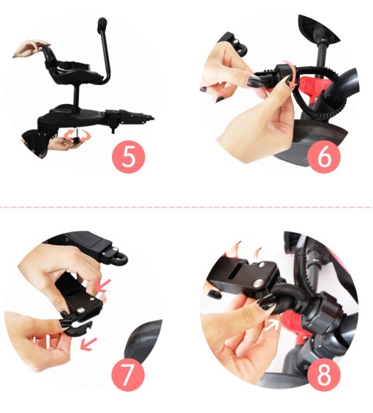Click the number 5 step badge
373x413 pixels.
[x=129, y=157]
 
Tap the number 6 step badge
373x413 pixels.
[x=324, y=157]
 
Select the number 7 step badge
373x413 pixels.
[x=128, y=374]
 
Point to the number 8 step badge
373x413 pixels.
[x=324, y=374]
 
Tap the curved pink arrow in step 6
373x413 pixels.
[x=291, y=74]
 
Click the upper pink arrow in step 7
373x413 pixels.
[x=103, y=286]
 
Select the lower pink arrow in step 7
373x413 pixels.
[x=88, y=343]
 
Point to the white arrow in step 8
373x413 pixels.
[x=272, y=326]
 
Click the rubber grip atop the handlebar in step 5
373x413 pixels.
[x=102, y=23]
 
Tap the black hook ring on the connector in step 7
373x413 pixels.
[x=119, y=259]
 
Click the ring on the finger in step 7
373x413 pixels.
[x=89, y=261]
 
